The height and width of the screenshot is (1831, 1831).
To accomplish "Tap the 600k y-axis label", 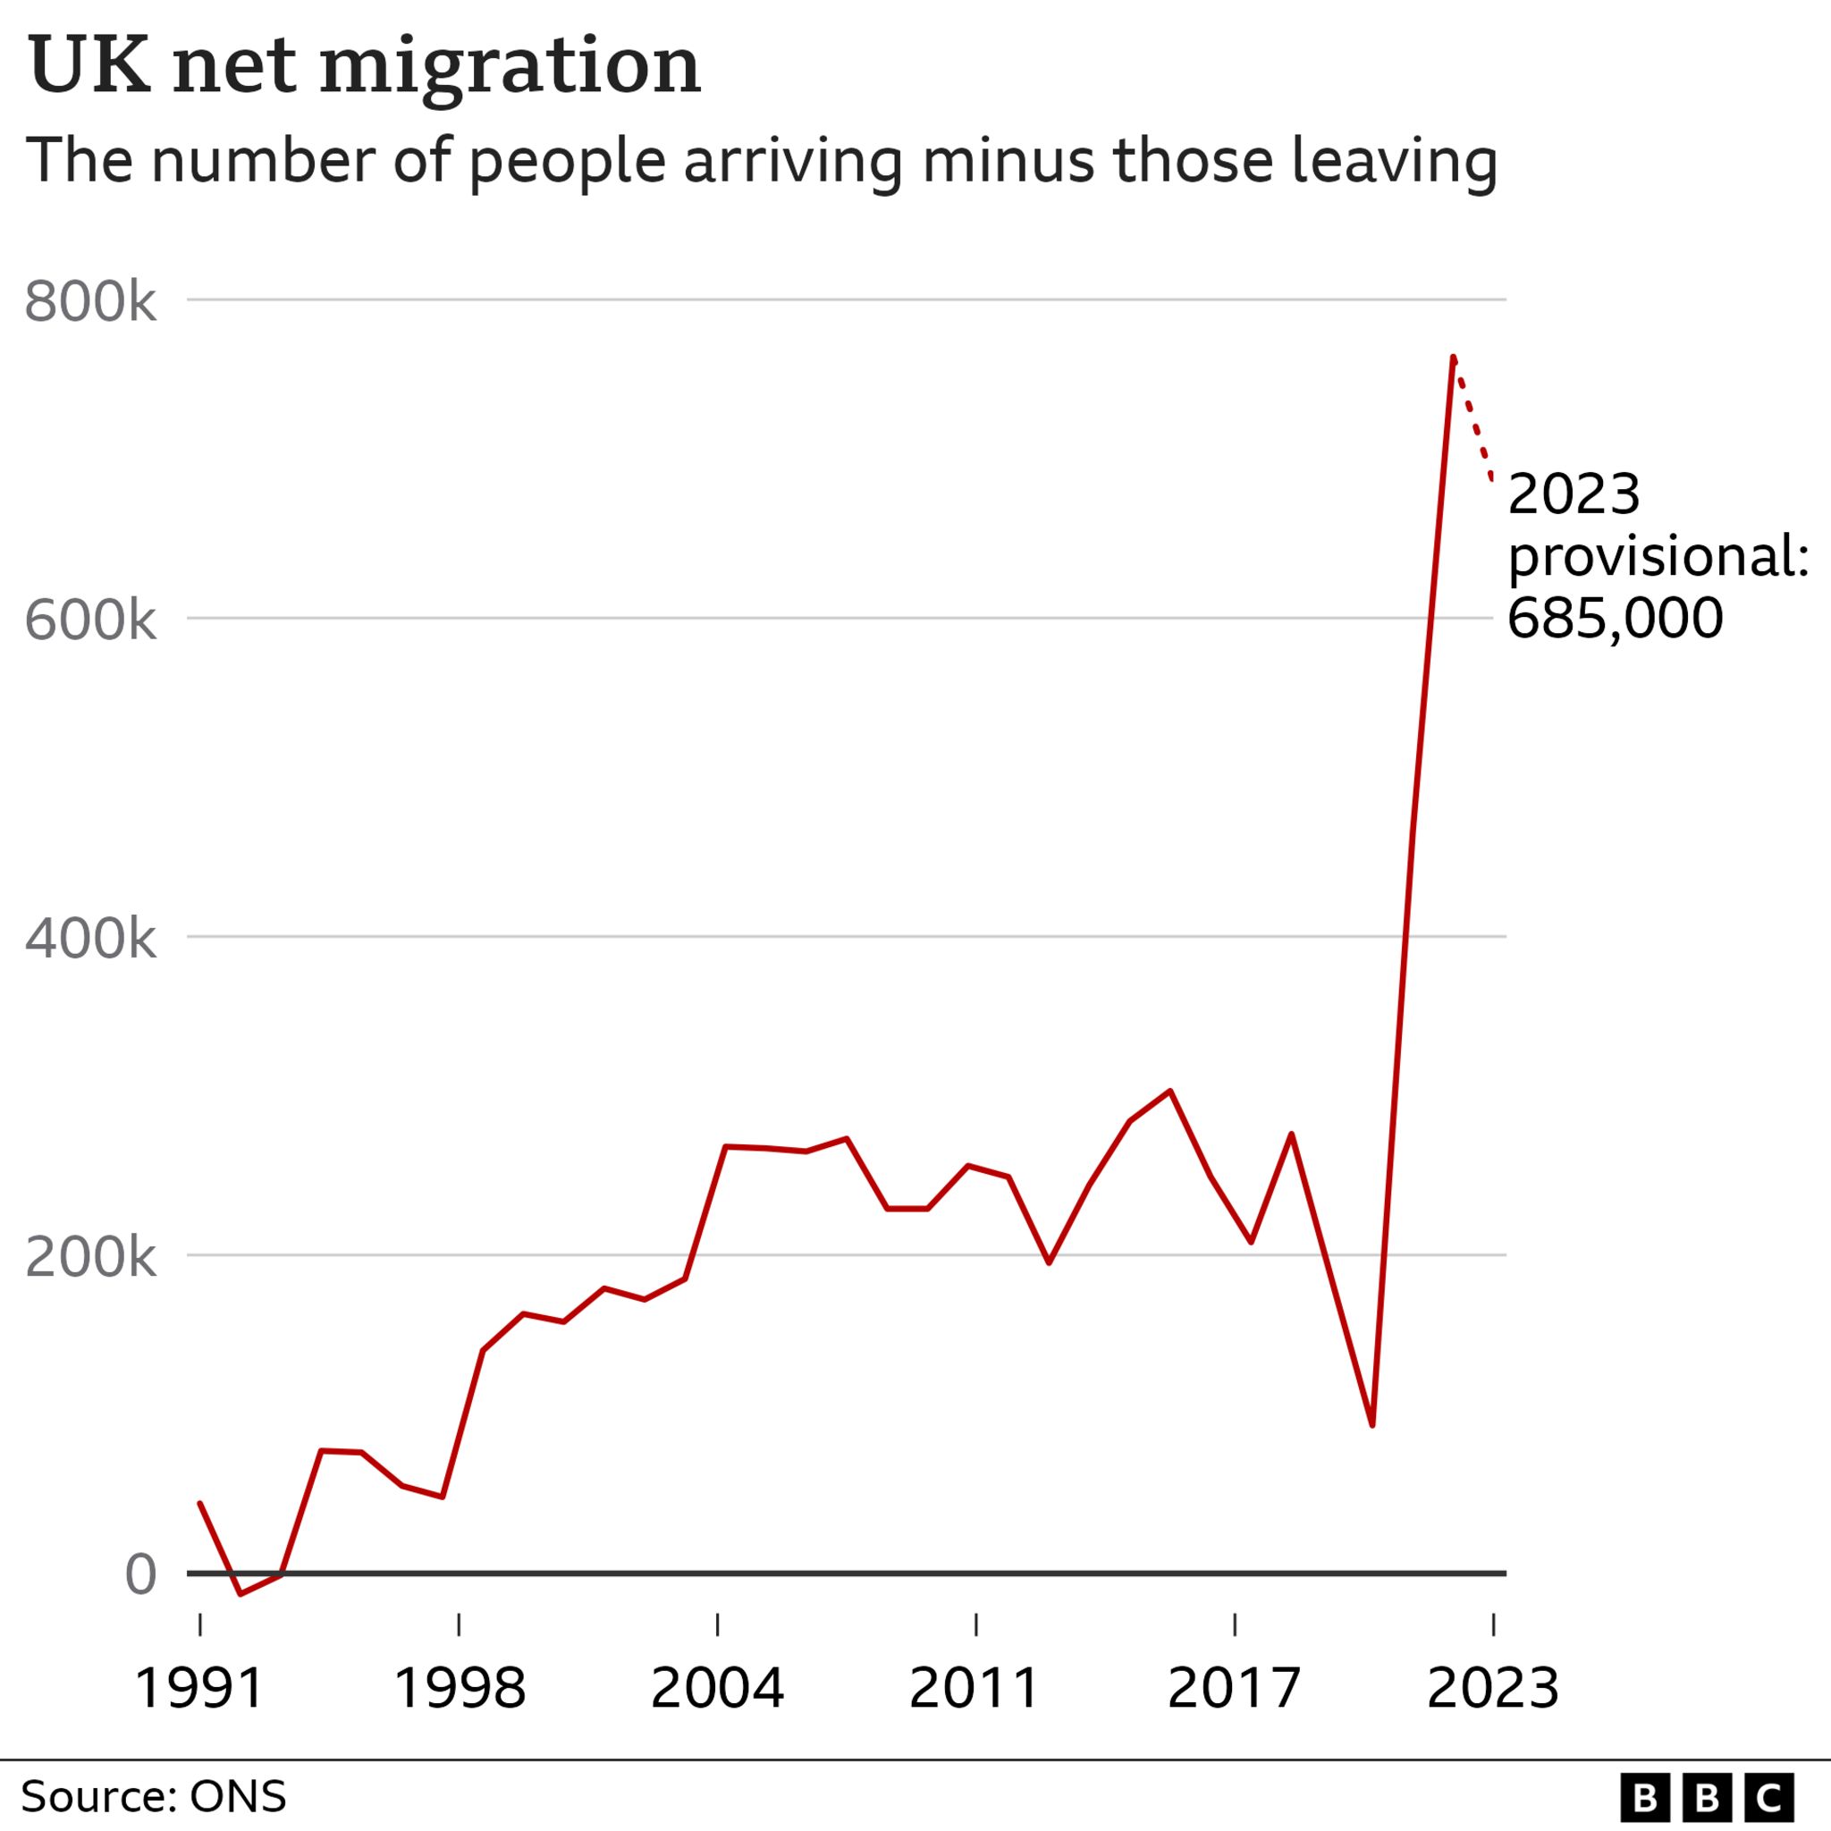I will pos(90,621).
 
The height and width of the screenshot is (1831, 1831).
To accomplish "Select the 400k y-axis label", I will pos(90,940).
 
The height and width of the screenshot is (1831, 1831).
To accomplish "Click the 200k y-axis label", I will pos(90,1258).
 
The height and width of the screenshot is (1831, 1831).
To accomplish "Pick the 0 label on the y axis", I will pos(140,1575).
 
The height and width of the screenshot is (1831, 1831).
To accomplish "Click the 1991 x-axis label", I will pos(199,1688).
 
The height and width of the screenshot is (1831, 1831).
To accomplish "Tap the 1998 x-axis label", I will pos(459,1688).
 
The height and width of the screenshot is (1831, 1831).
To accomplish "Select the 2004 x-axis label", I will pos(717,1688).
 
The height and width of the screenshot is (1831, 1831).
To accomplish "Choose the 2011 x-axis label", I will pos(975,1688).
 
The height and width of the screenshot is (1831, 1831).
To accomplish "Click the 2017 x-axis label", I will pos(1234,1688).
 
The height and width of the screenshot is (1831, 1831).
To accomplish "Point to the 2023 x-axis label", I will pos(1493,1688).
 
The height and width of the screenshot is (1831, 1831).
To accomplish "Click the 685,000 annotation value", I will pos(1614,618).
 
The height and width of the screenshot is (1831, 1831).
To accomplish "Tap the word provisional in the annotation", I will pos(1657,556).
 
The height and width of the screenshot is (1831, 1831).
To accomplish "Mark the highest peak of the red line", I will pos(1453,359).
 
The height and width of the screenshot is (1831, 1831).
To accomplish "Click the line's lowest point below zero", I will pos(240,1594).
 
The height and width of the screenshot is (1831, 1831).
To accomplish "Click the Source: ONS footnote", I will pos(154,1797).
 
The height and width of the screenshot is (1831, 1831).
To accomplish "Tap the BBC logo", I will pos(1707,1797).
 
